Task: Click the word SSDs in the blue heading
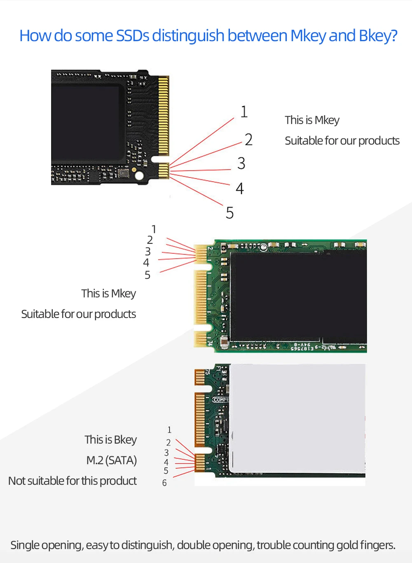[133, 36]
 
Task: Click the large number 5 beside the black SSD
[230, 213]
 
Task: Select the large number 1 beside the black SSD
[244, 112]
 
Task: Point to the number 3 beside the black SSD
[241, 164]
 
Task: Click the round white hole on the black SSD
[139, 176]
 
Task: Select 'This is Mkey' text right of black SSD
[312, 120]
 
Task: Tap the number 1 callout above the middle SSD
[154, 229]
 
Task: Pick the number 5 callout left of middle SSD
[147, 275]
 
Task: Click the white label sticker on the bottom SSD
[297, 418]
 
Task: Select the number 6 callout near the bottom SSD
[164, 483]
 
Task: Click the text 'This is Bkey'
[110, 439]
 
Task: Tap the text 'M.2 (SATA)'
[111, 460]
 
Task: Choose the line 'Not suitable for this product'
[73, 481]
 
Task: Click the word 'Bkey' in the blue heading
[374, 36]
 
